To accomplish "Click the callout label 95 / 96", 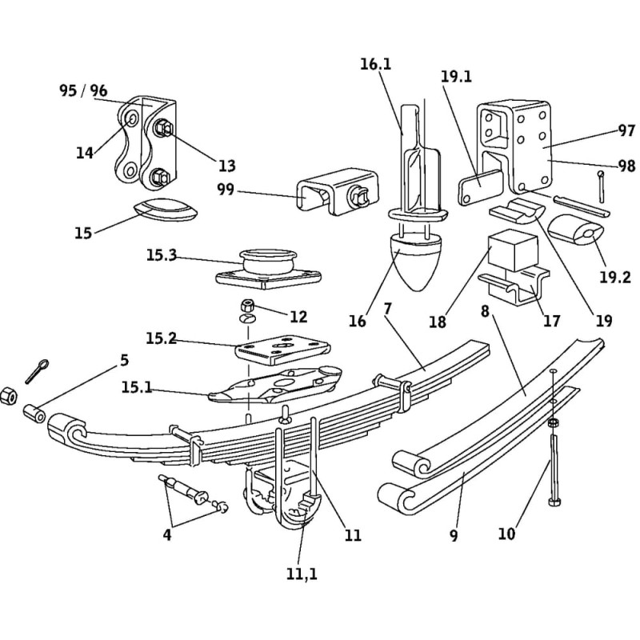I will [83, 90].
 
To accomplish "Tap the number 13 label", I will [227, 166].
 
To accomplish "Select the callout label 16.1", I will [375, 64].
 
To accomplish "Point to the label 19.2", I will [615, 278].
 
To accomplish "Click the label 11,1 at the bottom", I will [302, 573].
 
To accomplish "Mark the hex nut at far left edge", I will [8, 395].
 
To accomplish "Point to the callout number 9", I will [454, 537].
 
